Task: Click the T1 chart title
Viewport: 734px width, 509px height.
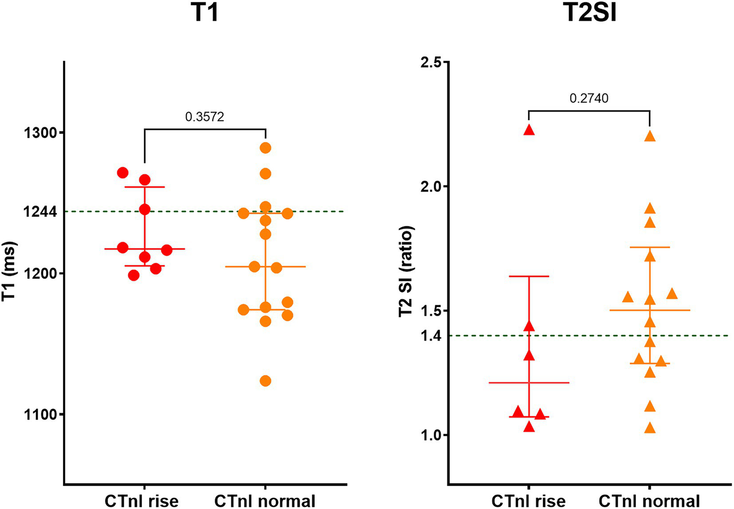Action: (205, 13)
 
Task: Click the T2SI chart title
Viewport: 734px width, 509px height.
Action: (589, 13)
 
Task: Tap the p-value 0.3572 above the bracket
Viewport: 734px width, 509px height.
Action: (205, 117)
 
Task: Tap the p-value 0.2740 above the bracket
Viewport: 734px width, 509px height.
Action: (589, 98)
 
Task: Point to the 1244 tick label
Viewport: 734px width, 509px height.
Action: (40, 211)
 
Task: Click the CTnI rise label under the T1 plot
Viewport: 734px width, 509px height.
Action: (142, 501)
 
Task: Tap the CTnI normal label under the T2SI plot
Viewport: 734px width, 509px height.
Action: (649, 501)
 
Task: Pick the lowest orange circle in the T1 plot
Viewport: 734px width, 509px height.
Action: (265, 381)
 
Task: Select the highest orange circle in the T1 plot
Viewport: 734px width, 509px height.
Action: (265, 148)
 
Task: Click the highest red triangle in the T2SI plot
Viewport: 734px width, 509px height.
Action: (529, 130)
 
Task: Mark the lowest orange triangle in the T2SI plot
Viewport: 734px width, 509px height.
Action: (650, 428)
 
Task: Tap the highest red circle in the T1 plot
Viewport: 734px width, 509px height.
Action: (123, 173)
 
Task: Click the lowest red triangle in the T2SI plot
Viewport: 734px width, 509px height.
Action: (529, 427)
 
